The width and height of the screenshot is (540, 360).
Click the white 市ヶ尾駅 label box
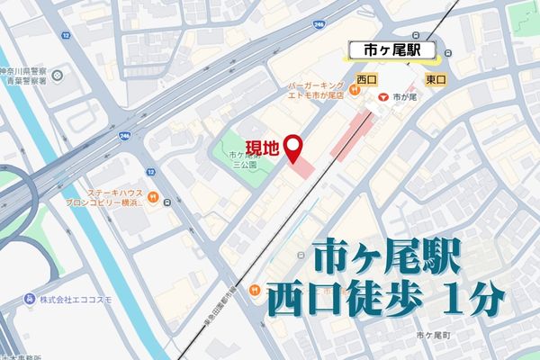(x=389, y=50)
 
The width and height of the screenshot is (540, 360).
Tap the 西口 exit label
(x=365, y=79)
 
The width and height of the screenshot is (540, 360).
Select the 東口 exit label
(x=435, y=79)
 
